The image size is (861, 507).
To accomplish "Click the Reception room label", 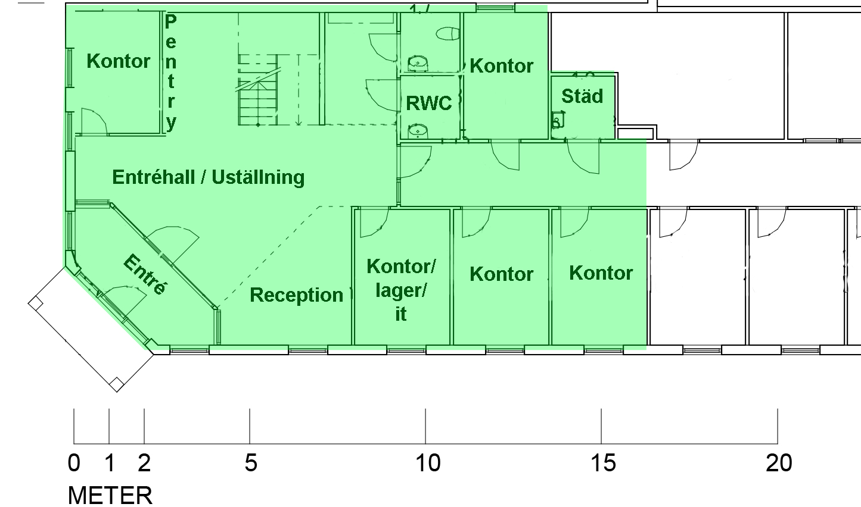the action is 296,295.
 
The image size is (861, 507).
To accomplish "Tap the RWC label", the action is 428,103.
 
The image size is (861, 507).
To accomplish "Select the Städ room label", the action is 582,96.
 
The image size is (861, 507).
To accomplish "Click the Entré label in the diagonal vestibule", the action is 145,274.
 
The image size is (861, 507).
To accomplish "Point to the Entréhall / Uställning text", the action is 209,177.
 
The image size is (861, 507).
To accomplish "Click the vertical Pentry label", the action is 170,73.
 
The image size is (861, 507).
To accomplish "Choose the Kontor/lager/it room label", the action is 401,290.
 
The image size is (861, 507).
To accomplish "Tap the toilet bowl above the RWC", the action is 448,34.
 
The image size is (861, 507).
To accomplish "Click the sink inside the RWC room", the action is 418,131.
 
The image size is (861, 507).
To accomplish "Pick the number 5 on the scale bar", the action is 251,463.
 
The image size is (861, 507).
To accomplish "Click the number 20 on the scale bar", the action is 779,463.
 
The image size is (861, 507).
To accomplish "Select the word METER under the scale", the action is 110,496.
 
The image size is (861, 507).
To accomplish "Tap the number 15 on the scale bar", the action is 603,463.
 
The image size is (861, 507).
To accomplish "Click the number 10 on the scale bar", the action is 428,463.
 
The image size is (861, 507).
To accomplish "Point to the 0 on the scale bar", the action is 74,463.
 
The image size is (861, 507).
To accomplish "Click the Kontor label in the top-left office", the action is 119,61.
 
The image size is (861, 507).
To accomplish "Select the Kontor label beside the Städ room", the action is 501,66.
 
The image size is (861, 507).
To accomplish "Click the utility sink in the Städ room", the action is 558,120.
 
